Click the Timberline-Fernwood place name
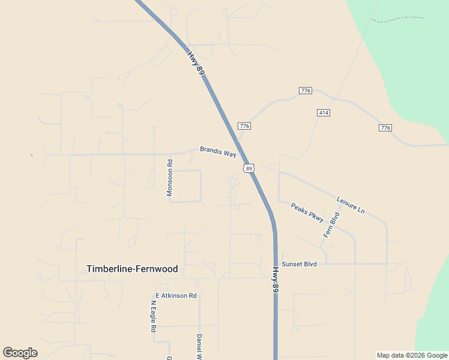click(132, 269)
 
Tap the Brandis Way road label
click(218, 152)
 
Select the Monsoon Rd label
click(170, 178)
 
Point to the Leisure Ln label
click(351, 205)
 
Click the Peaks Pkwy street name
click(307, 212)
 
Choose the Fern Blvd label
click(331, 225)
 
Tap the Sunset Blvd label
click(299, 263)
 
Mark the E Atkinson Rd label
click(176, 296)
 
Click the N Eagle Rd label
click(153, 316)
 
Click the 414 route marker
click(324, 113)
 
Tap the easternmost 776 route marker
click(385, 128)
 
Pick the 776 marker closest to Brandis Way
click(244, 126)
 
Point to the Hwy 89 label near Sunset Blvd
click(275, 280)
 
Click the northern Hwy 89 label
click(196, 63)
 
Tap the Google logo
click(20, 353)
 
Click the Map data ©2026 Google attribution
click(412, 356)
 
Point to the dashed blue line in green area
click(396, 19)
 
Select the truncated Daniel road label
click(199, 346)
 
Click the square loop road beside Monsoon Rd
click(187, 186)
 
